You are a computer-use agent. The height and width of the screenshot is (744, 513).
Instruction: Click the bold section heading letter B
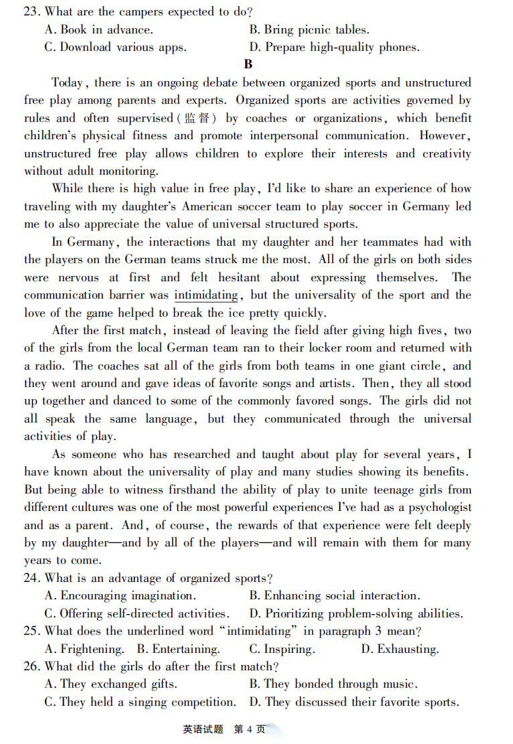tap(248, 64)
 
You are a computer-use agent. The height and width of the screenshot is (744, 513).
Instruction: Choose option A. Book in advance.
tap(98, 29)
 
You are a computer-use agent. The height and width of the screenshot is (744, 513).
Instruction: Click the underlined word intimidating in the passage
tap(206, 295)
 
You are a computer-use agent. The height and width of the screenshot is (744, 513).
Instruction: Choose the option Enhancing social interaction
tap(334, 595)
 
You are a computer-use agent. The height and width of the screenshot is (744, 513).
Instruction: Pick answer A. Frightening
tap(84, 649)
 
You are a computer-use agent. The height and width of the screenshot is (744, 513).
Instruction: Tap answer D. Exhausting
tap(400, 649)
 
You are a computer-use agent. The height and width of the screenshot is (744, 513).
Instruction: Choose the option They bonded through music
tap(333, 684)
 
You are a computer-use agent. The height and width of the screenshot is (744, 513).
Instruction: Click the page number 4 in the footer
tap(248, 729)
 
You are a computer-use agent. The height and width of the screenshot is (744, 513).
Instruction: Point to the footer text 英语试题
tap(203, 729)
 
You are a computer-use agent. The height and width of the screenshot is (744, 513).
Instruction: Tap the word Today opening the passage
tap(68, 82)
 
